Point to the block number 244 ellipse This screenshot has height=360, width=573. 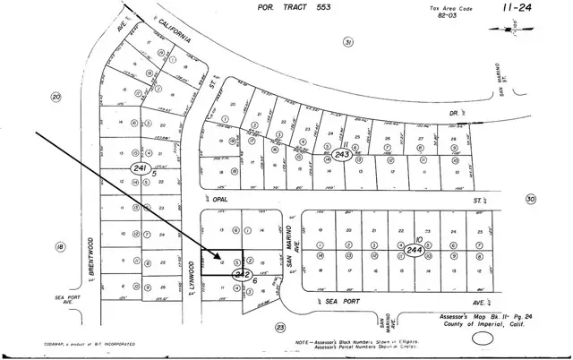(x=414, y=252)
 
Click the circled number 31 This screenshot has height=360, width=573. (x=348, y=42)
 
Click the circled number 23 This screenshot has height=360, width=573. (x=279, y=328)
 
